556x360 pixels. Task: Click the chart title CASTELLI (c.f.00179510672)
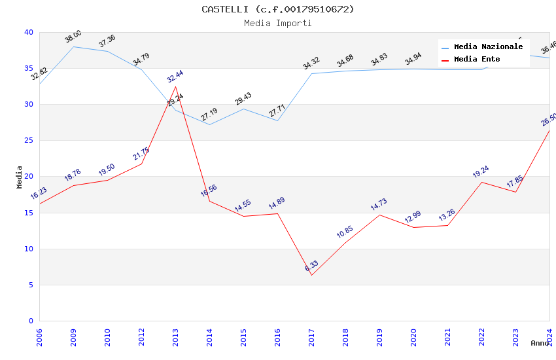pyautogui.click(x=277, y=9)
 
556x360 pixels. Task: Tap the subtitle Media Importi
pyautogui.click(x=277, y=24)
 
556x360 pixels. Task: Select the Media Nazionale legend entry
pyautogui.click(x=488, y=47)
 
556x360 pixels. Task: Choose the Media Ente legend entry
pyautogui.click(x=477, y=60)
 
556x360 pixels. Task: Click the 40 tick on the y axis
pyautogui.click(x=28, y=33)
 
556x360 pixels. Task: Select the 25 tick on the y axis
pyautogui.click(x=28, y=141)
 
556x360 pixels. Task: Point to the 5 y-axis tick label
pyautogui.click(x=30, y=285)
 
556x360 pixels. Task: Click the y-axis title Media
pyautogui.click(x=20, y=177)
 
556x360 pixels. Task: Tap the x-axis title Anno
pyautogui.click(x=540, y=343)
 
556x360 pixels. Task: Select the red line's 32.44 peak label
pyautogui.click(x=175, y=77)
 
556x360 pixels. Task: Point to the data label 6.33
pyautogui.click(x=311, y=266)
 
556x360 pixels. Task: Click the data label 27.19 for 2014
pyautogui.click(x=209, y=116)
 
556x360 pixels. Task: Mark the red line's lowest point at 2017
pyautogui.click(x=311, y=275)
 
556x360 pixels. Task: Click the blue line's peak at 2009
pyautogui.click(x=73, y=46)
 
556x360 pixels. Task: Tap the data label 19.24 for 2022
pyautogui.click(x=481, y=172)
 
